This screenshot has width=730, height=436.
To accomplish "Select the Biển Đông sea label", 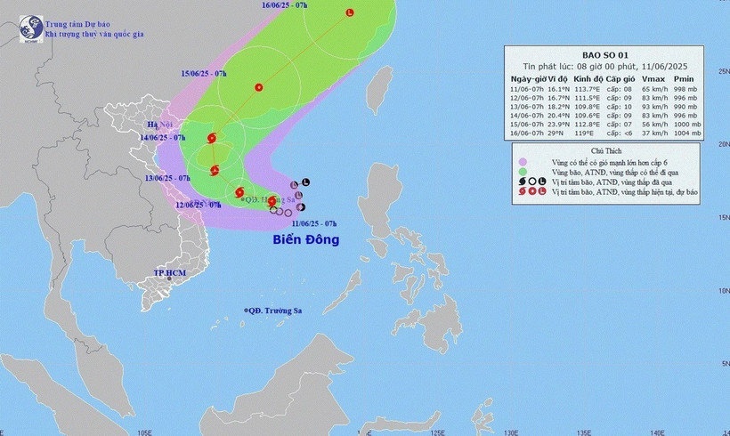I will (305, 239).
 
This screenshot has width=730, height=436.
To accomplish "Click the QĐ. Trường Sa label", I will (275, 311).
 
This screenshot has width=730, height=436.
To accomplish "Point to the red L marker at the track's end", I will (349, 12).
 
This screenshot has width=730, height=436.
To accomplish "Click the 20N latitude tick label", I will (723, 142).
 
